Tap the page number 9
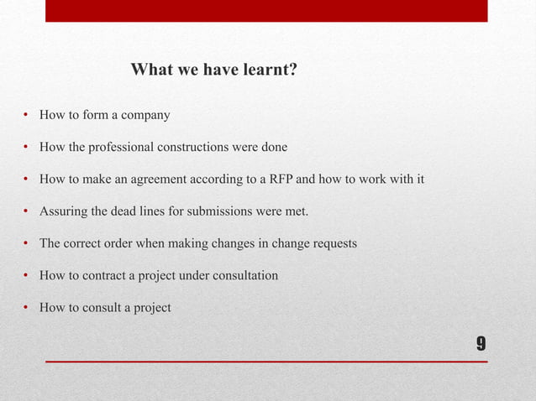480,344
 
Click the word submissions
222,211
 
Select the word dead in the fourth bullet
123,211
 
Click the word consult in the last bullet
102,307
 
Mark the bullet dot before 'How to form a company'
26,115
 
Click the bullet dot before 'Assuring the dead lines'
26,211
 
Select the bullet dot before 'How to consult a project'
26,308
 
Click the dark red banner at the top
266,11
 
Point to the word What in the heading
149,70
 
